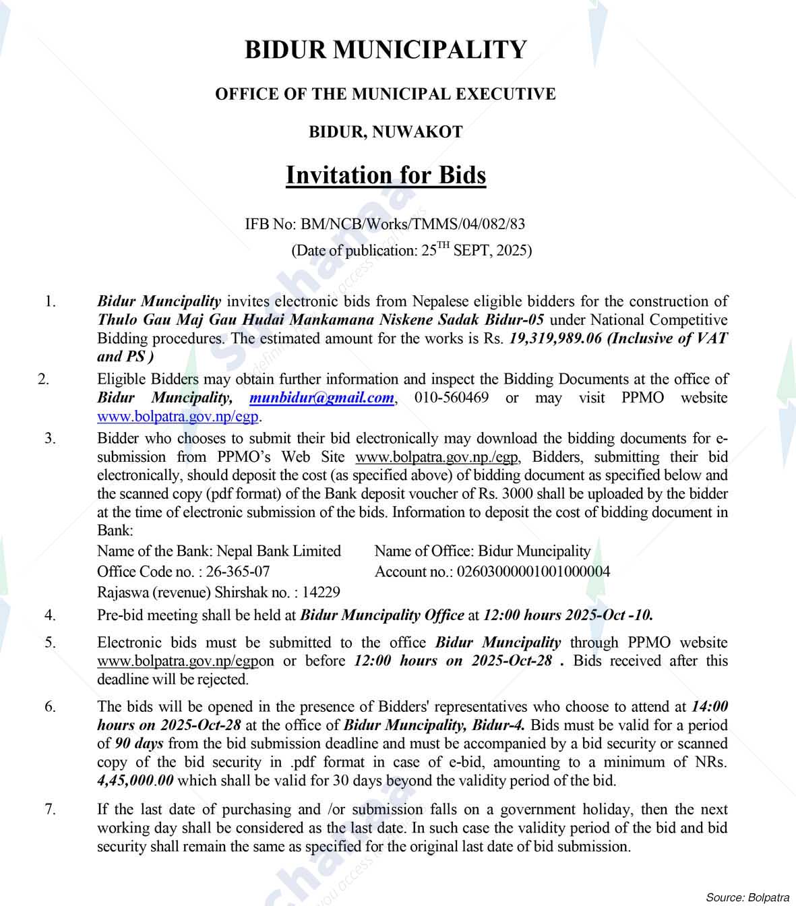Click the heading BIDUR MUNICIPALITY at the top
coord(386,50)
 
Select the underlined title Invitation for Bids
coord(386,175)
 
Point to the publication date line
coord(411,251)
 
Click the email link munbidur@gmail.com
coord(321,398)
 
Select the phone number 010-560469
coord(452,398)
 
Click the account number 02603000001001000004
coord(534,572)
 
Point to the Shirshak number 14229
coord(322,593)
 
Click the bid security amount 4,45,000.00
coord(135,781)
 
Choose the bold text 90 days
coord(139,744)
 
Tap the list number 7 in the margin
coord(51,809)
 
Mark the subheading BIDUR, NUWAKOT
coord(386,132)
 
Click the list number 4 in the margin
coord(51,615)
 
